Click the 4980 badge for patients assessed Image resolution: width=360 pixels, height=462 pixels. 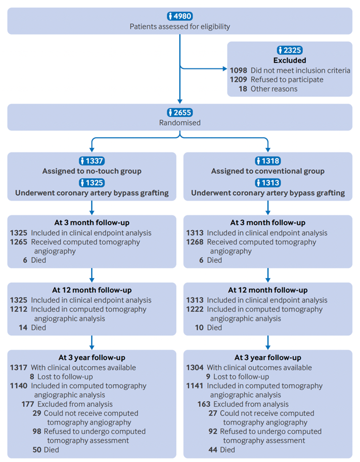coord(180,16)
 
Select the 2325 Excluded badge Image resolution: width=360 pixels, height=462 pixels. coord(290,50)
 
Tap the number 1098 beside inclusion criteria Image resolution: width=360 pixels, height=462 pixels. coord(238,70)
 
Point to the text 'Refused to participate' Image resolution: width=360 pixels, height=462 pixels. coord(287,79)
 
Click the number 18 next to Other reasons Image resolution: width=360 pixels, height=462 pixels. coord(243,88)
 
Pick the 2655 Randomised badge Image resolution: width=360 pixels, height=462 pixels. coord(180,113)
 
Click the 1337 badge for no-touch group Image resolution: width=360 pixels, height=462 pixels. coord(92,161)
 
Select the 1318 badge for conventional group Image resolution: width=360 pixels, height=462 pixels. coord(267,161)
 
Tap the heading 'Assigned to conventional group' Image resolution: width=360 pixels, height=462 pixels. coord(267,171)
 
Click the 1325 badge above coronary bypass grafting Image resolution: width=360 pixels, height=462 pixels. coord(92,182)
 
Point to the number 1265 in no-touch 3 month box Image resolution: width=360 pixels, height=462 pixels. coord(19,242)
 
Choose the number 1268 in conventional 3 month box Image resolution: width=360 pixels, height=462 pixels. coord(195,242)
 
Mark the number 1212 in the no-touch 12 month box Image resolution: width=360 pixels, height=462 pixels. coord(19,309)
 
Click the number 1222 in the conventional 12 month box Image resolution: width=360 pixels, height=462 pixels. coord(195,309)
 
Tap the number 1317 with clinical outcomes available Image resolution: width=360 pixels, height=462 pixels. coord(19,367)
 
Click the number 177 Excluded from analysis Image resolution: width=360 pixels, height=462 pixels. coord(27,404)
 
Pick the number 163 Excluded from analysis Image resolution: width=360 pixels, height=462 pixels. coord(203,404)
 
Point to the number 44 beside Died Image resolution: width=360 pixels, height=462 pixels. coord(212,449)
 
